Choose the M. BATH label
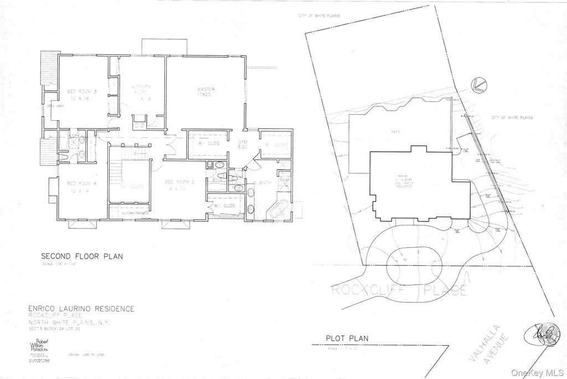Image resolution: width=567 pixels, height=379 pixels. pyautogui.click(x=261, y=183)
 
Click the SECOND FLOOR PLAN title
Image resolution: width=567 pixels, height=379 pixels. pyautogui.click(x=82, y=257)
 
